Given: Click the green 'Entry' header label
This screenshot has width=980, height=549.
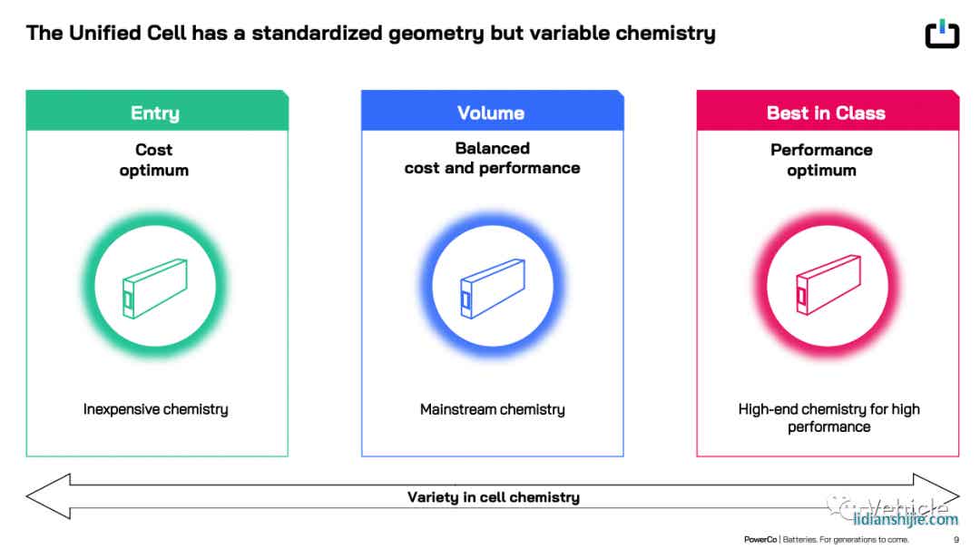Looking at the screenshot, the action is click(155, 113).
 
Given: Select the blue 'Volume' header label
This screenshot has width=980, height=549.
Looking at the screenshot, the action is click(491, 113).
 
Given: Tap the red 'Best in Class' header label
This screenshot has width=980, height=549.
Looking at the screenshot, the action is click(826, 113).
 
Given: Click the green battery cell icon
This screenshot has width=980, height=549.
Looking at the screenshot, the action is click(155, 289).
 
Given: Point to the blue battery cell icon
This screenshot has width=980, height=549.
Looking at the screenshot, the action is click(493, 289).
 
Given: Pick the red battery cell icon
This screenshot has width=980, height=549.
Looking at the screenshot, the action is click(828, 285).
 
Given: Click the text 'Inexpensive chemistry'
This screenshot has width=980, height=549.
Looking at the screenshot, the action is click(156, 409).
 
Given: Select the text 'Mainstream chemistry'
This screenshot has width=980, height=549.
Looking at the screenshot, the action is click(493, 409).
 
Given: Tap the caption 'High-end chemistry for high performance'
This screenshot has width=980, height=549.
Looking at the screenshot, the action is click(828, 417).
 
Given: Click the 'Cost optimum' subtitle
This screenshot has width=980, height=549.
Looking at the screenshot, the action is click(153, 160).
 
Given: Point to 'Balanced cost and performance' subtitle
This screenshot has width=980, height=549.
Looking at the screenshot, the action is click(492, 158).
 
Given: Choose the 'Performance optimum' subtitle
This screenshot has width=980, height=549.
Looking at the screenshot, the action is click(821, 160).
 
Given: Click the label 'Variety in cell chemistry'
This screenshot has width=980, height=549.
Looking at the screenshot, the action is click(493, 497).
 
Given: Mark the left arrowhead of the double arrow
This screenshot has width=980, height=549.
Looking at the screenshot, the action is click(27, 495).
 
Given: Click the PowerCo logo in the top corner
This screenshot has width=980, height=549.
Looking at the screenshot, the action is click(942, 34).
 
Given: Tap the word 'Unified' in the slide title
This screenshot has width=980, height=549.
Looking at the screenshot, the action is click(104, 33).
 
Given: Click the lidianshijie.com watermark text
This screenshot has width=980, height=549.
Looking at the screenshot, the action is click(906, 519).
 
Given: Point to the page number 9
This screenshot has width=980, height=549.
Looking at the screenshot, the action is click(956, 540).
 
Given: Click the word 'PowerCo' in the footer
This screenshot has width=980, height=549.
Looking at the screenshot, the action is click(760, 540).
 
